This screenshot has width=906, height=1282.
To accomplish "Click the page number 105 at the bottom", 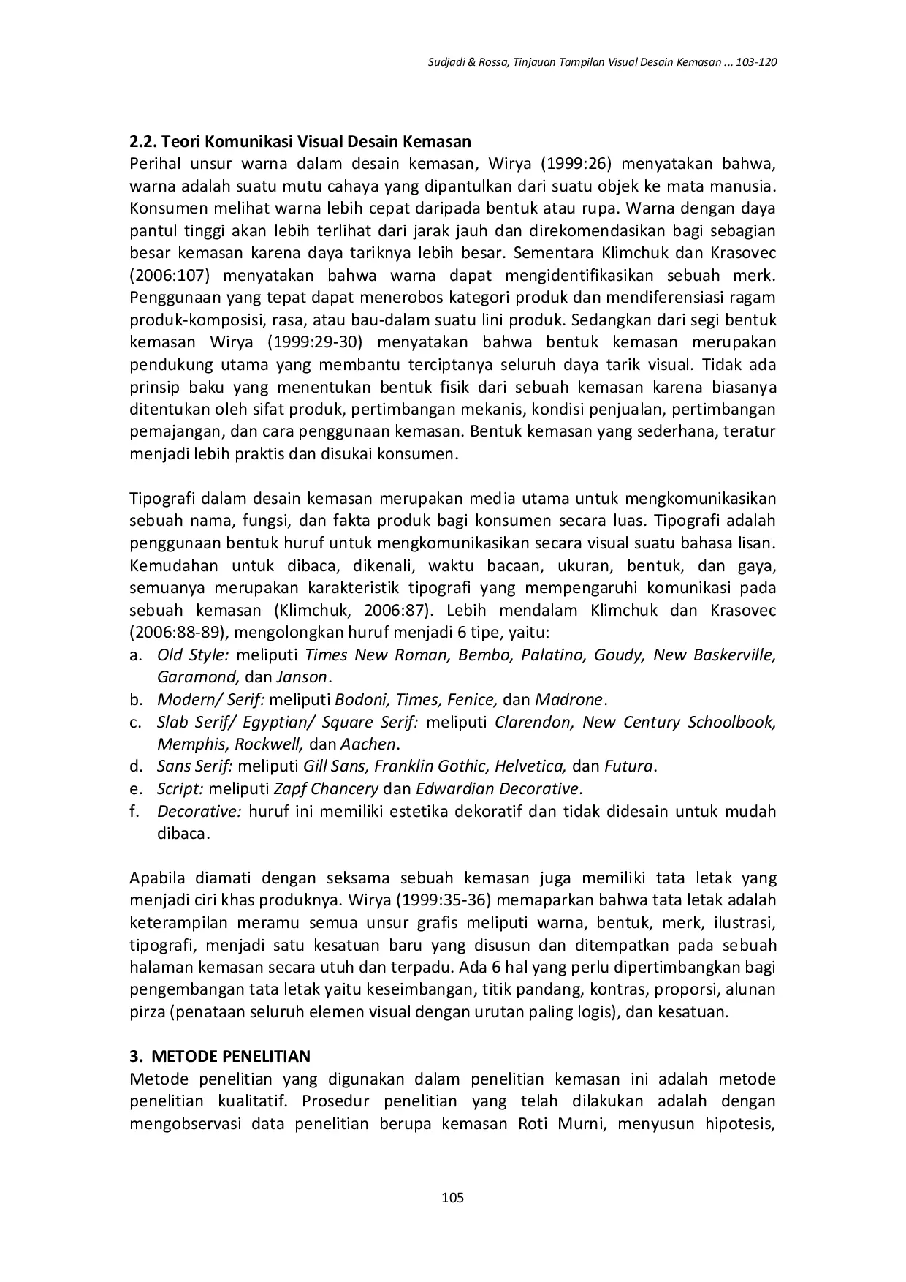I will point(453,1198).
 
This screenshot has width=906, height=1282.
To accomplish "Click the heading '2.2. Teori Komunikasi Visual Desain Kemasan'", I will point(300,141).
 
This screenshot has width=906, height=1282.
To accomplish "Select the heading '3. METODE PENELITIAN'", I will point(220,1056).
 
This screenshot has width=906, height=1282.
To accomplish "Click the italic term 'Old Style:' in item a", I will point(193,655).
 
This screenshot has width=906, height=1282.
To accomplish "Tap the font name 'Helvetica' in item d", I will point(530,767).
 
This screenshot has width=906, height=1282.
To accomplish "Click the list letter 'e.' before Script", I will point(136,789).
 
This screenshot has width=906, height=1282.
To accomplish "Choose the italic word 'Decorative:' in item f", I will point(199,812).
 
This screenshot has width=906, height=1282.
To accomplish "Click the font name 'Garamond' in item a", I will point(197,677).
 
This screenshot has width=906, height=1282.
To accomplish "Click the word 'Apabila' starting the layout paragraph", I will point(157,878).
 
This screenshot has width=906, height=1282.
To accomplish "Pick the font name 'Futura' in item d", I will point(628,767).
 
